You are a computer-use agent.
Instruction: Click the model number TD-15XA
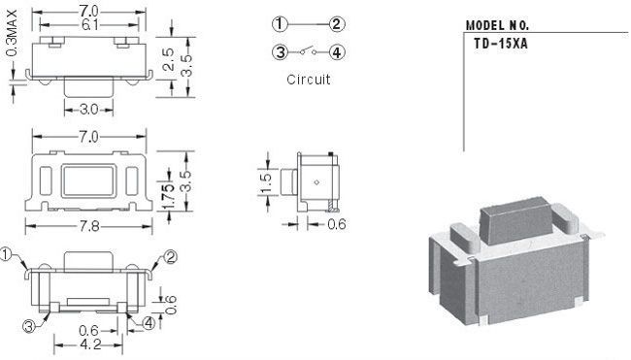pyautogui.click(x=500, y=44)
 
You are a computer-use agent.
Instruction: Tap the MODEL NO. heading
pyautogui.click(x=497, y=26)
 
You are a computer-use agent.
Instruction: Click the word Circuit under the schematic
pyautogui.click(x=309, y=80)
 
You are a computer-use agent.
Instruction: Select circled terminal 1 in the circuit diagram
pyautogui.click(x=280, y=24)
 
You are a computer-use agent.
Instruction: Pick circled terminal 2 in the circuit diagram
pyautogui.click(x=337, y=24)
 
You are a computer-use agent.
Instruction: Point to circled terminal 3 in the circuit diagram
pyautogui.click(x=280, y=51)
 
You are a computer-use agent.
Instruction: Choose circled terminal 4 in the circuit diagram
pyautogui.click(x=337, y=51)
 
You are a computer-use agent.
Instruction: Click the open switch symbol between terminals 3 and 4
pyautogui.click(x=309, y=50)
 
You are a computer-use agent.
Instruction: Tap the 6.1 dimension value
pyautogui.click(x=89, y=25)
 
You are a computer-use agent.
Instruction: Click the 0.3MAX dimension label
pyautogui.click(x=13, y=33)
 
